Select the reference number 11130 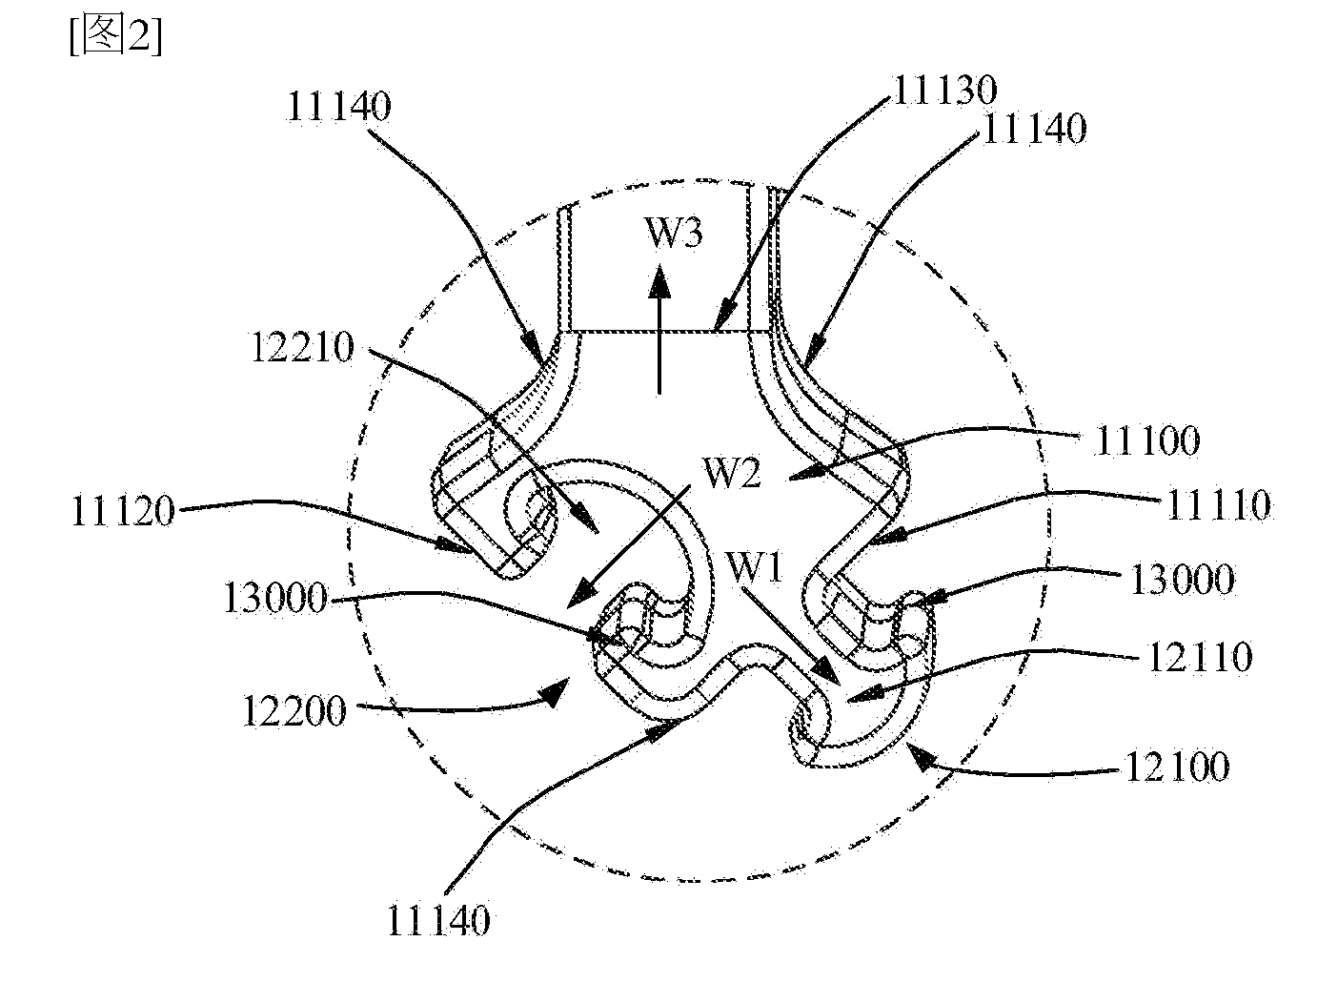(945, 91)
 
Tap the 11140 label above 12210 (338, 107)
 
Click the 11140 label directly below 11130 (1035, 129)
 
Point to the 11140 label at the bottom (439, 920)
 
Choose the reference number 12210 (302, 347)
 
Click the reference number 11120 (122, 511)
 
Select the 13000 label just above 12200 (275, 598)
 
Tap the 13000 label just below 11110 (1183, 579)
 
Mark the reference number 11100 (1147, 440)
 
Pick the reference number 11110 (1219, 505)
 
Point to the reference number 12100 (1178, 767)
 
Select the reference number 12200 (294, 710)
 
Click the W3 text (675, 232)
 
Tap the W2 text (733, 472)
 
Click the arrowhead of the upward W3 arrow (659, 280)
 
